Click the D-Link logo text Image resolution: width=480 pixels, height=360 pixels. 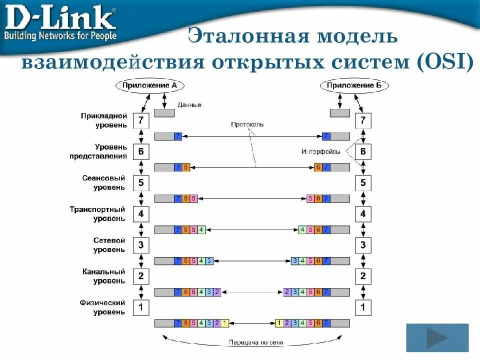click(60, 18)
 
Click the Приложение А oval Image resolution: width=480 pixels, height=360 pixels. click(150, 85)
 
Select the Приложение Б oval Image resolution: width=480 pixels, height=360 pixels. click(354, 85)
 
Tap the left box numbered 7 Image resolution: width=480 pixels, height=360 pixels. click(140, 120)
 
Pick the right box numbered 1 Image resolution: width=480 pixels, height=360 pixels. click(363, 307)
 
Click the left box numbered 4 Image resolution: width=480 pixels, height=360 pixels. click(140, 214)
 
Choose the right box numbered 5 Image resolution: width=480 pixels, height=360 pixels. click(363, 183)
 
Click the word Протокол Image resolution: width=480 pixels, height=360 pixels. click(247, 124)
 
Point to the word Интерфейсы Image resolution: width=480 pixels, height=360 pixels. click(321, 151)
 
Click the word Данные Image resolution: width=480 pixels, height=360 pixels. click(189, 105)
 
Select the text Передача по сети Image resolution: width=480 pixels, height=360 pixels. click(256, 343)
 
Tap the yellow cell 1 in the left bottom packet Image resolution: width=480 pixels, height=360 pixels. click(225, 323)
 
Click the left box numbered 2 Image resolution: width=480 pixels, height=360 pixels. click(140, 276)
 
